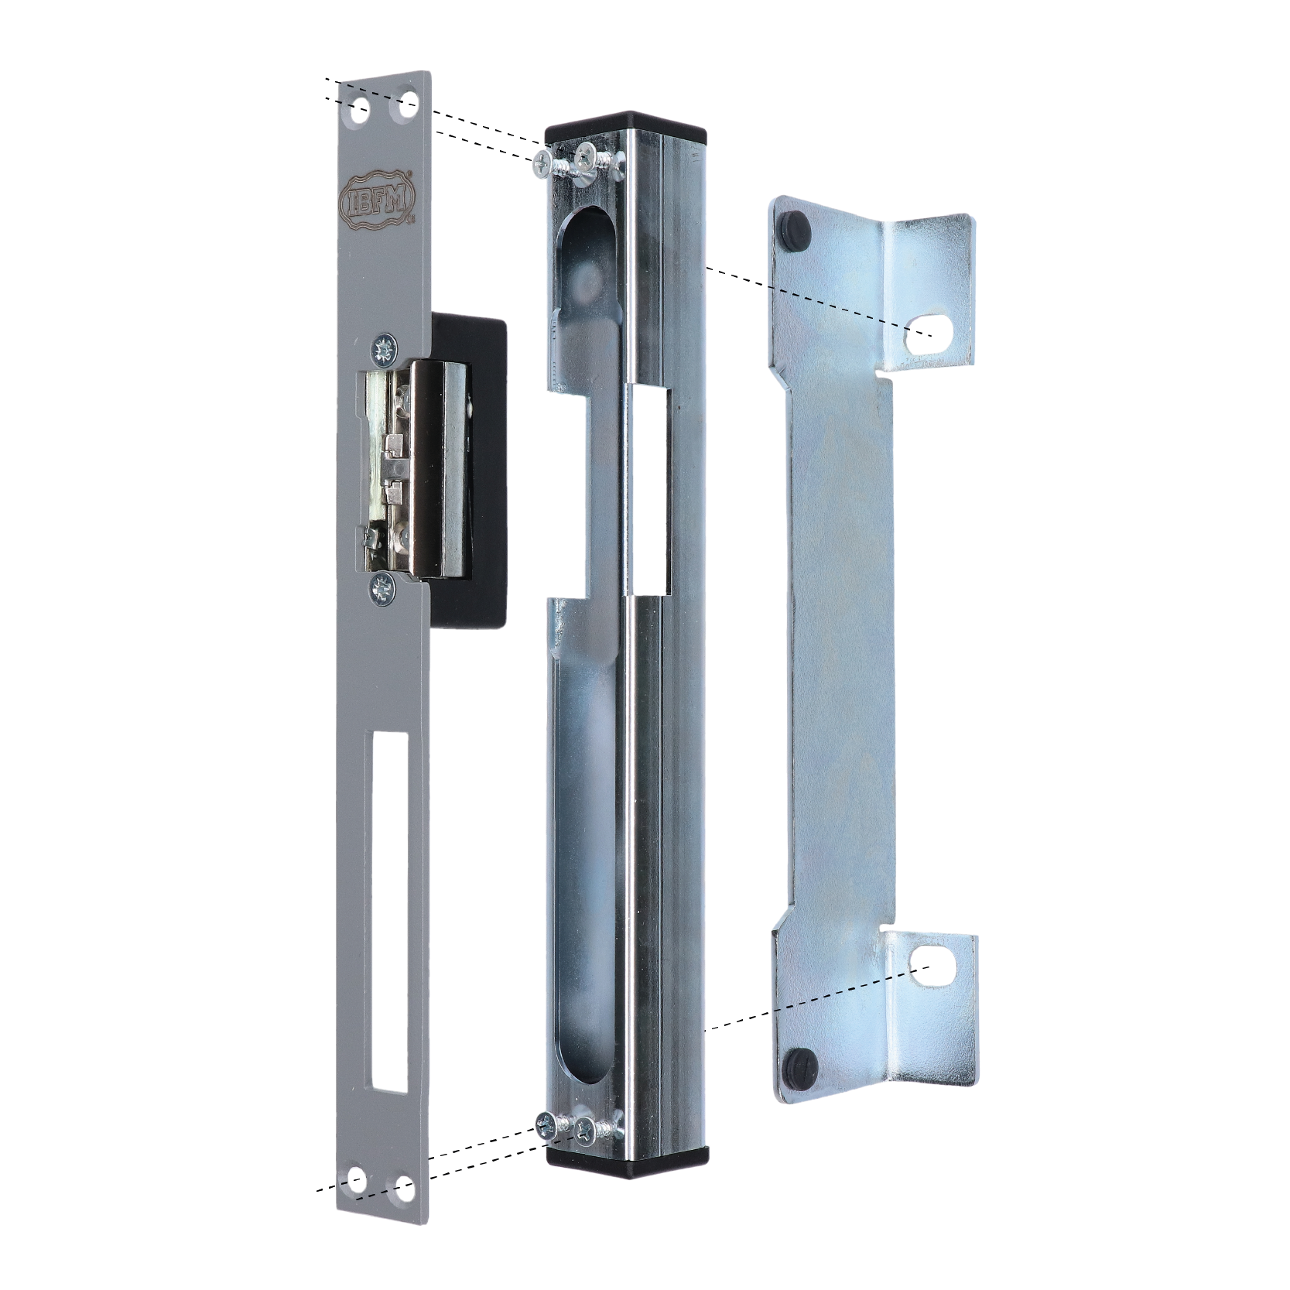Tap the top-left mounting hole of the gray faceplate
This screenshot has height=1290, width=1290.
click(x=360, y=111)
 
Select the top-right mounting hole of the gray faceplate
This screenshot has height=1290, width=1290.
click(x=406, y=103)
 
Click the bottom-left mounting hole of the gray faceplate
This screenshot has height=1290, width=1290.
click(x=357, y=1180)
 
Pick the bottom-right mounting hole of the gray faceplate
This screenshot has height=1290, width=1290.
click(x=403, y=1187)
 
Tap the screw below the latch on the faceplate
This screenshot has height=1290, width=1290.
click(x=382, y=590)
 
